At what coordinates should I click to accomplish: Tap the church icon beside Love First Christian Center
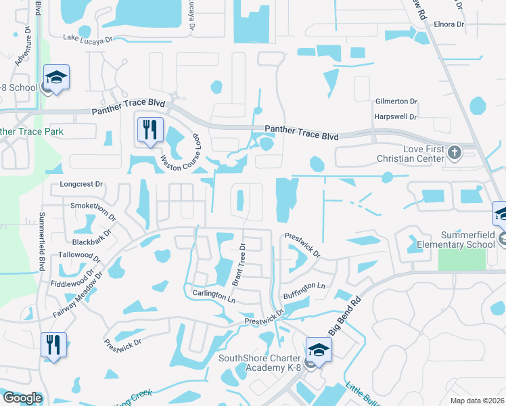pyautogui.click(x=454, y=152)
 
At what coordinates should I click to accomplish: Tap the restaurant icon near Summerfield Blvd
pyautogui.click(x=53, y=345)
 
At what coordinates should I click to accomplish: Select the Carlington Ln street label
pyautogui.click(x=214, y=296)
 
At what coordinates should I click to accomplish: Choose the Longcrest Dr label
pyautogui.click(x=81, y=183)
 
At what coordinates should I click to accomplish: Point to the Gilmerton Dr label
pyautogui.click(x=396, y=101)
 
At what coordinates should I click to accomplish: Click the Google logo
pyautogui.click(x=22, y=398)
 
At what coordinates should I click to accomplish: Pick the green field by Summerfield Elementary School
pyautogui.click(x=461, y=259)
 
